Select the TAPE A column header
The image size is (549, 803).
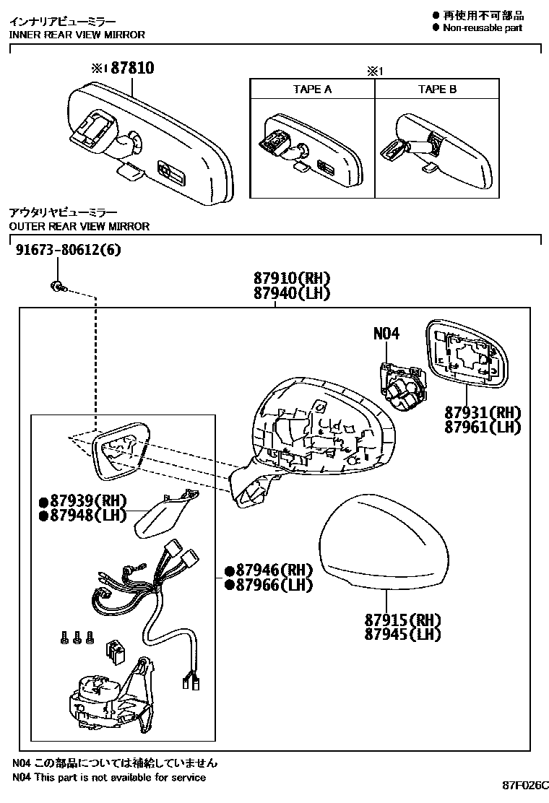312,90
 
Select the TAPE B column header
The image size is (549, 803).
437,90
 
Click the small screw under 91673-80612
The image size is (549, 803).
57,287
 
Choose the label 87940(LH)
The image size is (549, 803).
291,293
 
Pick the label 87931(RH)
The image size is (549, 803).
483,412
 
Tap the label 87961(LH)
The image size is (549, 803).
483,427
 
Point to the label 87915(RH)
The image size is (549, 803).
402,620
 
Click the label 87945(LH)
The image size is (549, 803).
402,635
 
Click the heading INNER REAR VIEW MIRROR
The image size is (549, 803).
77,35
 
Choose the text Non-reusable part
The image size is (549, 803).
482,27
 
